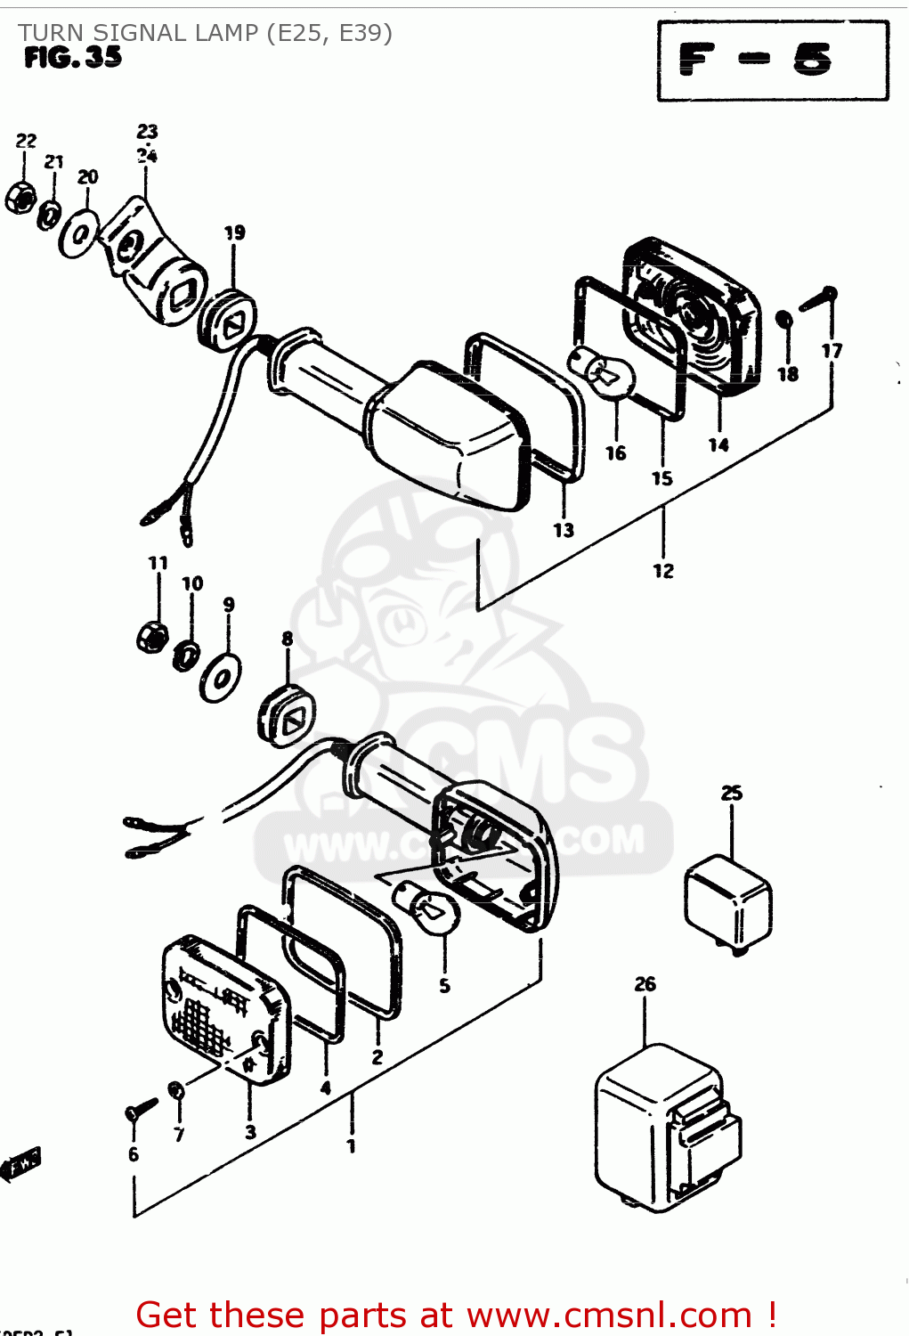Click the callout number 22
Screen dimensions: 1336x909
click(x=26, y=141)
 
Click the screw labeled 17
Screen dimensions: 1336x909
click(x=818, y=298)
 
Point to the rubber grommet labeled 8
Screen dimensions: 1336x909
click(x=286, y=717)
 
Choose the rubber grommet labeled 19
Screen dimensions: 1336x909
click(x=226, y=320)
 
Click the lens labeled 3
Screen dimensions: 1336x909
click(x=226, y=1011)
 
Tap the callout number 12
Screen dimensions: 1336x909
click(x=663, y=571)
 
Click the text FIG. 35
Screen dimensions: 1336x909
click(x=73, y=57)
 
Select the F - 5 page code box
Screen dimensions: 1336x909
click(x=772, y=61)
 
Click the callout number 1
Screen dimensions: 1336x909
click(x=351, y=1146)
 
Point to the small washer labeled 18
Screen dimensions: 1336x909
click(x=784, y=320)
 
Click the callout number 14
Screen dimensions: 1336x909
click(x=718, y=444)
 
